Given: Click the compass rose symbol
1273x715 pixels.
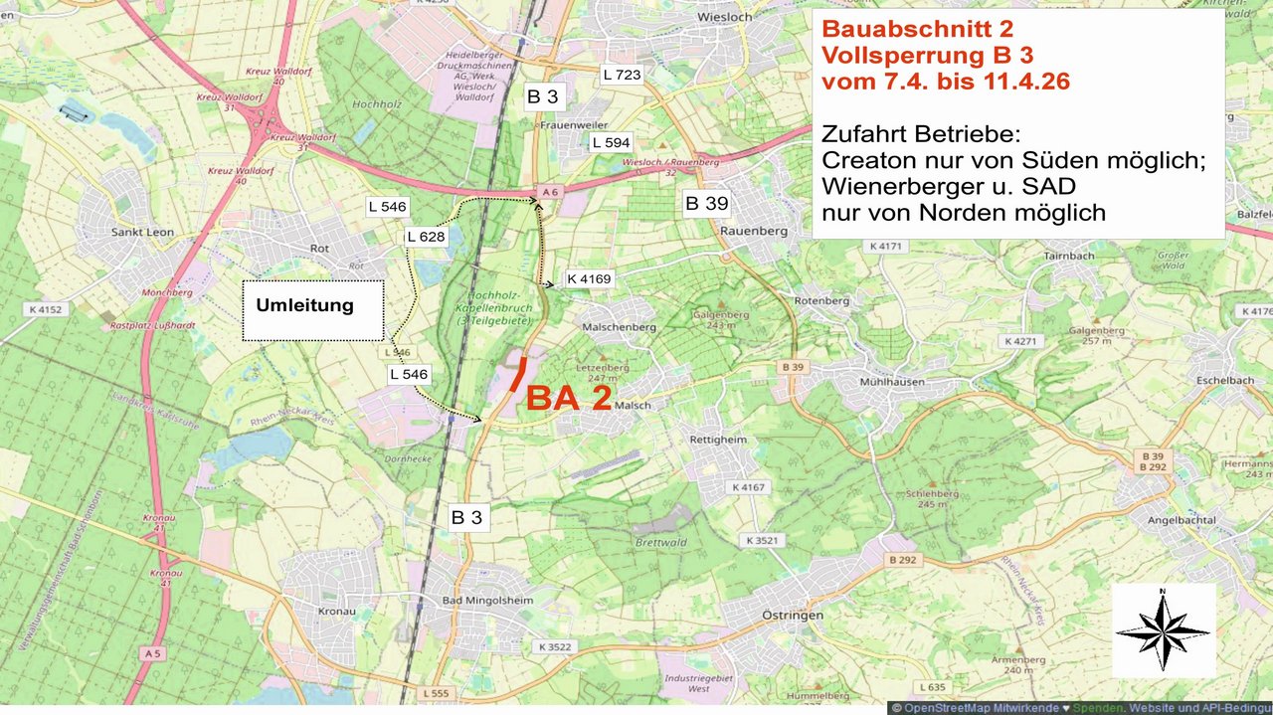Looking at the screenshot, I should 1163,629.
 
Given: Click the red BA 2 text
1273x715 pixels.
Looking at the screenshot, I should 568,398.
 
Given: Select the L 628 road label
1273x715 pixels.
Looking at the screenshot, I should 426,237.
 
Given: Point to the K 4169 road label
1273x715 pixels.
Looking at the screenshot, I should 589,278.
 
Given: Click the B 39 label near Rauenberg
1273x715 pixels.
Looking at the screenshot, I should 706,204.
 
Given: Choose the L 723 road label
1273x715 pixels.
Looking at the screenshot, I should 622,75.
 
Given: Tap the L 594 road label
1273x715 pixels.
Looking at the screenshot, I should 611,143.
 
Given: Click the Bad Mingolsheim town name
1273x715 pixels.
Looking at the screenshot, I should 488,601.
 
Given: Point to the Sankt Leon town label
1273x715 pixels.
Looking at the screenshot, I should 144,232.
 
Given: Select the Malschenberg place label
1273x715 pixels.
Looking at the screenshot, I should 621,326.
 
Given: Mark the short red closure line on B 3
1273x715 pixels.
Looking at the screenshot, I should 517,374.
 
